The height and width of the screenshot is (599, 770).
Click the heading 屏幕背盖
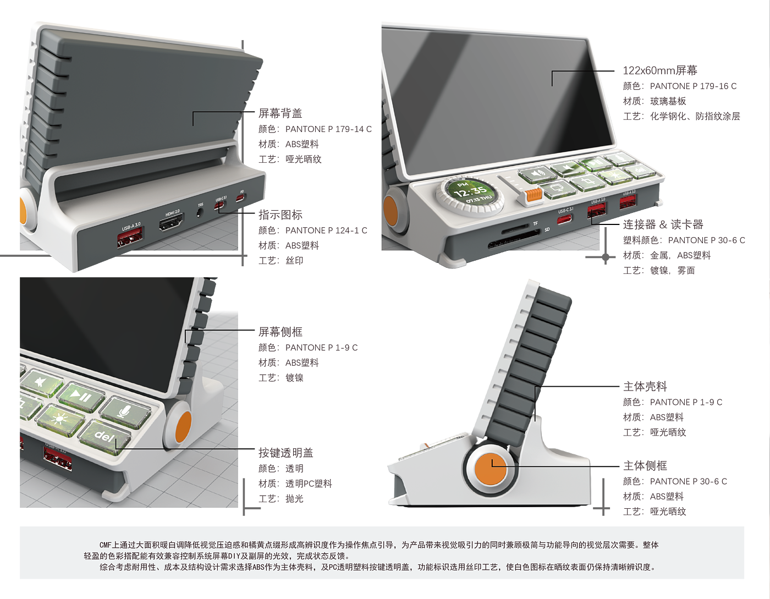click(280, 113)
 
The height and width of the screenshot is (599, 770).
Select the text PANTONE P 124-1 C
click(326, 230)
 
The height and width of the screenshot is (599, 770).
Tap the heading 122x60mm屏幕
click(660, 70)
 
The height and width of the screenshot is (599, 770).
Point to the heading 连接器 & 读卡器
click(663, 224)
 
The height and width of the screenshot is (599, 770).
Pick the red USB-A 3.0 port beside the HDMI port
click(130, 237)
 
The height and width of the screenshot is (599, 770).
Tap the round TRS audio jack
click(200, 212)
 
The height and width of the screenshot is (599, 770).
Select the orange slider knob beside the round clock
click(533, 195)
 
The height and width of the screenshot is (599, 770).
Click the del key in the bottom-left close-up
click(105, 436)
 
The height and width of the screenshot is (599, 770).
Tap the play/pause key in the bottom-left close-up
click(81, 397)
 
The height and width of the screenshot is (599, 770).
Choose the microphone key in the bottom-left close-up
click(125, 412)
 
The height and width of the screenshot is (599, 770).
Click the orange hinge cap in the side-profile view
click(491, 469)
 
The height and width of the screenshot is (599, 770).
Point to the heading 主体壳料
click(645, 386)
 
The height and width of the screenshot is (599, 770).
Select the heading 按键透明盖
click(285, 452)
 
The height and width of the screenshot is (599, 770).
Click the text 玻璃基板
click(668, 101)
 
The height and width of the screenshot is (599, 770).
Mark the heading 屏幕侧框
click(280, 332)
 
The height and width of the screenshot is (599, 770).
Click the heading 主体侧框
click(645, 465)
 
